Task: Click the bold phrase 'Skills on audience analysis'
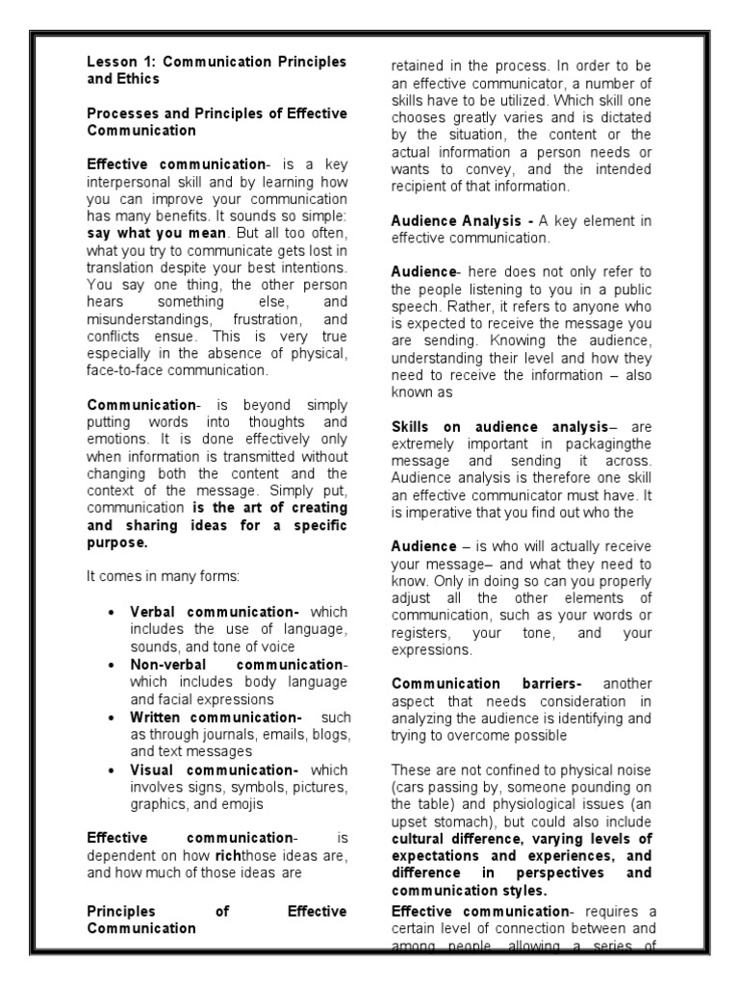point(499,427)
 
